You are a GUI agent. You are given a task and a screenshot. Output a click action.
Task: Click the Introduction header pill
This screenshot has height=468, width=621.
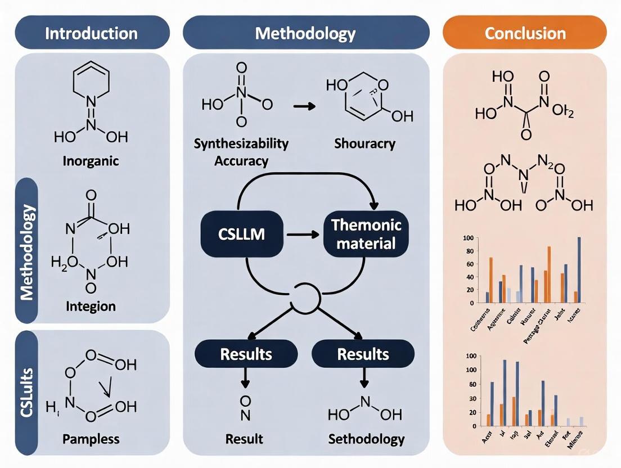coord(92,33)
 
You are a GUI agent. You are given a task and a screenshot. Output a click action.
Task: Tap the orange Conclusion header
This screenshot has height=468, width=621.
coord(525,33)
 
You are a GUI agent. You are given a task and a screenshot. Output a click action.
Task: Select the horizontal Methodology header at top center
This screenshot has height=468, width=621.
coord(305,33)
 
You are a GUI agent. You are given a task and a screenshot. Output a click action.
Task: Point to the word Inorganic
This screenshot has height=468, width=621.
coord(91,161)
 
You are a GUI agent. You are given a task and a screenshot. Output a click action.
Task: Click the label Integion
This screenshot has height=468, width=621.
coord(91,307)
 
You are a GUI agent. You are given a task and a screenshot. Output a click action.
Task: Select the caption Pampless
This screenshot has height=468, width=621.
coord(91,439)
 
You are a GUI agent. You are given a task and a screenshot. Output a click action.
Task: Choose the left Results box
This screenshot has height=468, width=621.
coord(245,354)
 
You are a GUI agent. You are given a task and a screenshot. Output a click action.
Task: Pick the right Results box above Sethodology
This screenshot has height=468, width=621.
coord(363,354)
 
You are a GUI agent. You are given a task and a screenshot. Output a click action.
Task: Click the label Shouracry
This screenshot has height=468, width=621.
coord(364,143)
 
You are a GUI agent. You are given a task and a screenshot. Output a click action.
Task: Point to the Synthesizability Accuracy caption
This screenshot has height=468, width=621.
coord(241,152)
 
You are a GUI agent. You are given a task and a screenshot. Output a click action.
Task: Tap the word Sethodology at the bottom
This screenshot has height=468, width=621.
coord(366,439)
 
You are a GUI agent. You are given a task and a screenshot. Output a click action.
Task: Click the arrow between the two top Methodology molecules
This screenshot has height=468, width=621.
coord(304,105)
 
